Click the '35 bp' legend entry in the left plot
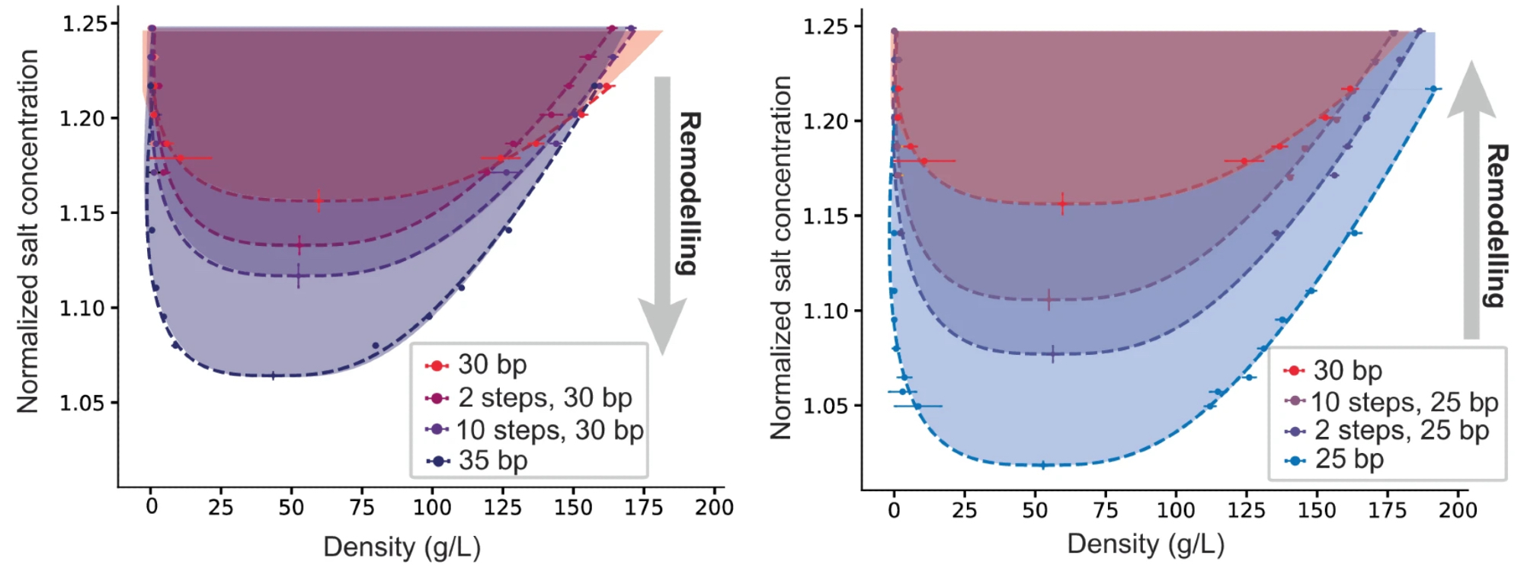[x=492, y=461]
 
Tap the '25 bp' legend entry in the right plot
[x=1348, y=460]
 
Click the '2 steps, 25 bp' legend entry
[x=1401, y=431]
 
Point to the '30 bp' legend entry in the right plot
[x=1346, y=371]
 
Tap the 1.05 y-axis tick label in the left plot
[x=83, y=403]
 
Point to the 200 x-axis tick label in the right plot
[x=1458, y=510]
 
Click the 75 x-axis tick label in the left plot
[x=362, y=507]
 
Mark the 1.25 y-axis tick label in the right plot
[x=826, y=27]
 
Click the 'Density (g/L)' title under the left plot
[x=402, y=547]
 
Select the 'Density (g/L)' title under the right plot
[x=1145, y=544]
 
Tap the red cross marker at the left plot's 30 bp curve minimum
[x=319, y=201]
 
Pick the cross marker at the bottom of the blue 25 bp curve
[x=1043, y=464]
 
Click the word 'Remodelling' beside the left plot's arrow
[x=688, y=193]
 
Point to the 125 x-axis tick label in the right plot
[x=1247, y=510]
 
